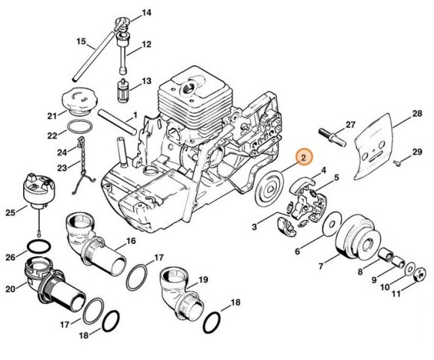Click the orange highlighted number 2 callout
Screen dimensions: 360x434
tap(303, 157)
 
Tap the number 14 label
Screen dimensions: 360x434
tap(146, 13)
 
